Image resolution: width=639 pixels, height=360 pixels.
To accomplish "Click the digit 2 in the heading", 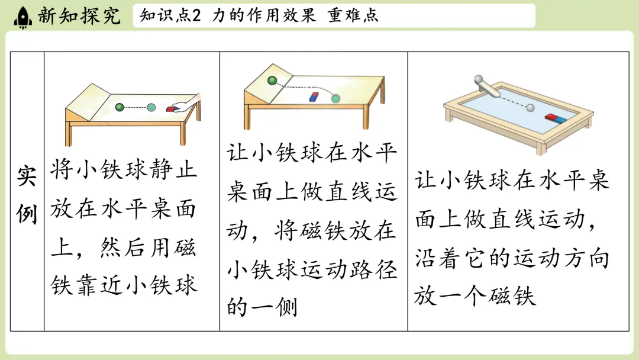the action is (x=196, y=16).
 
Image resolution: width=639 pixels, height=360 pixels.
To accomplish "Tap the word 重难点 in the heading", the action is (x=353, y=15).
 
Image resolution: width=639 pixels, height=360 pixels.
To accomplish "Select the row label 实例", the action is (x=27, y=195).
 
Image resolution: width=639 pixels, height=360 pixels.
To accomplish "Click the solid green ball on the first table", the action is (x=120, y=107).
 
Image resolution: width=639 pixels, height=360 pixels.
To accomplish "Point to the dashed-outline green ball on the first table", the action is (x=151, y=108).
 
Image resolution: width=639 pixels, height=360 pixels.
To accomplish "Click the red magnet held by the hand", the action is (x=172, y=109).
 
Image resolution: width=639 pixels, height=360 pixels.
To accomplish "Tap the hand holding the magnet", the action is (x=186, y=102).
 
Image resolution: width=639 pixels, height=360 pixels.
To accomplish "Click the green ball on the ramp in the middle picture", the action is (x=272, y=81).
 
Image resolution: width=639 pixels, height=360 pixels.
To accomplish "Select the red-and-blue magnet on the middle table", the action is (x=314, y=97).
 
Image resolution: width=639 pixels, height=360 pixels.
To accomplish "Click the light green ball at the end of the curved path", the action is (x=335, y=98).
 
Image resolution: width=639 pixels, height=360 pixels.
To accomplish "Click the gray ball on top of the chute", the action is (x=479, y=79).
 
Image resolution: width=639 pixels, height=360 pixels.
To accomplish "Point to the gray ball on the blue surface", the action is (x=531, y=108).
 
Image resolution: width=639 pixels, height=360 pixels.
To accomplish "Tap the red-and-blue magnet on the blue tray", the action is (x=556, y=118).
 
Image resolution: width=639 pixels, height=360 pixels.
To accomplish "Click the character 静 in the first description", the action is (x=162, y=169).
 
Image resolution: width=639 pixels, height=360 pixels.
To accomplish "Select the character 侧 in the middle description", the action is (x=286, y=307).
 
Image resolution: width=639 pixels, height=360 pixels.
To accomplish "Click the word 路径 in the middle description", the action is (x=373, y=269).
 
